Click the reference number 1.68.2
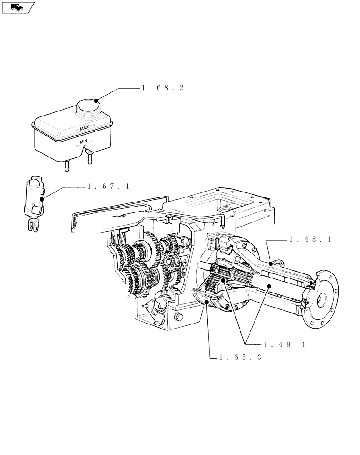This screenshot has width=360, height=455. click(162, 88)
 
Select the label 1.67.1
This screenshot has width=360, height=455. click(108, 186)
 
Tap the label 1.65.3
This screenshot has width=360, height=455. click(240, 358)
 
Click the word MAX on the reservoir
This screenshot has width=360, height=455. click(84, 129)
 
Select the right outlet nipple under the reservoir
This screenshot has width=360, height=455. click(90, 159)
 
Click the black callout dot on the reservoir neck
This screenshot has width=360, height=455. click(96, 101)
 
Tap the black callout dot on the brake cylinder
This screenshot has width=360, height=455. click(41, 198)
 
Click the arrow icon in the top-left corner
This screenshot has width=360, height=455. click(17, 6)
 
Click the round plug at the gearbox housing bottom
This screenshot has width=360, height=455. click(178, 317)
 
